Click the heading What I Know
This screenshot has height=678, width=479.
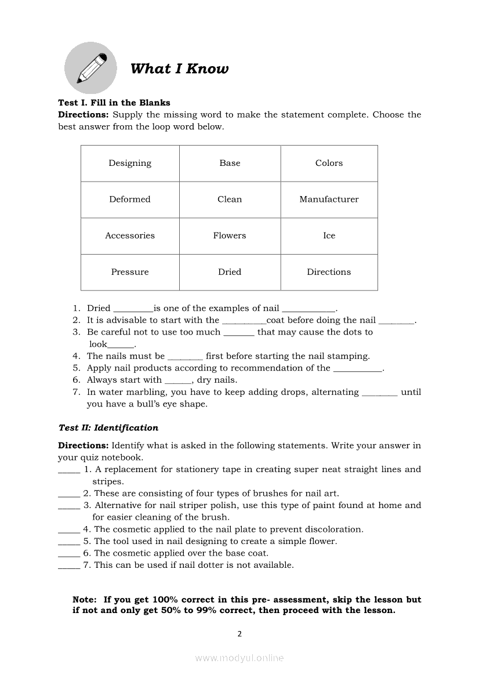point(179,69)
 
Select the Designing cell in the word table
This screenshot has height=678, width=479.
point(130,164)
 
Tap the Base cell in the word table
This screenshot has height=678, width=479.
point(230,164)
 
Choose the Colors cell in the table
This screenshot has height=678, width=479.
point(329,164)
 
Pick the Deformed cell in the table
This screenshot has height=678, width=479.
point(130,200)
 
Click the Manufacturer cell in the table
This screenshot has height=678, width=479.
point(329,200)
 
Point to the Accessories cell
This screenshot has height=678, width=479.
point(130,236)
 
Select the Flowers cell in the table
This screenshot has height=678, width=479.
point(230,236)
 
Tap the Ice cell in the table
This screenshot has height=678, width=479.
point(329,236)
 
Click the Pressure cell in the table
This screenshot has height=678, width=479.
point(130,272)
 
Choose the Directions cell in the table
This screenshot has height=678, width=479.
point(329,272)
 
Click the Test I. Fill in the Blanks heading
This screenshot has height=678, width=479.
point(114,103)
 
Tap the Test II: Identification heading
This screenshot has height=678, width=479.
point(108,428)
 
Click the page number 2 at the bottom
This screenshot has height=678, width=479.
point(239,634)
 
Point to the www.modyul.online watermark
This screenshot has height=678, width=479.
point(239,658)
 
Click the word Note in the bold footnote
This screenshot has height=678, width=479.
point(84,600)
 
